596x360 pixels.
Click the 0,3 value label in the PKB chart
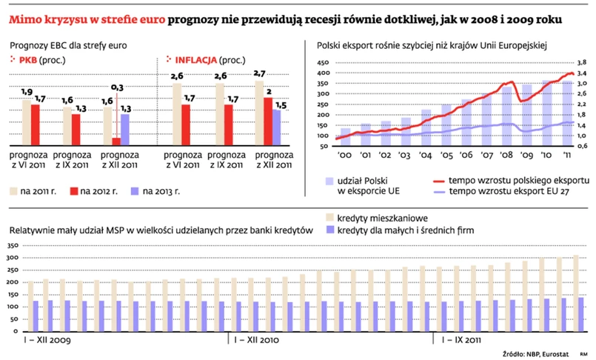tap(117, 87)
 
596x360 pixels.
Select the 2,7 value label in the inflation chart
tap(259, 73)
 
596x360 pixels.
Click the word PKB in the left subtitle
tap(27, 60)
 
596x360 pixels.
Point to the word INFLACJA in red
tap(195, 60)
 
